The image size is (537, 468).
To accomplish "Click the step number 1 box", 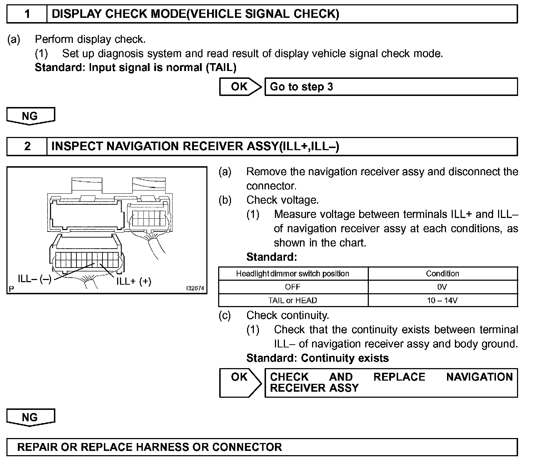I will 27,14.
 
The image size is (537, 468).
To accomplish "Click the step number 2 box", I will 27,147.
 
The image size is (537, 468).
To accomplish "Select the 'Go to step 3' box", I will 391,87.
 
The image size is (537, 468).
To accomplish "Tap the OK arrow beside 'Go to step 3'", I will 240,87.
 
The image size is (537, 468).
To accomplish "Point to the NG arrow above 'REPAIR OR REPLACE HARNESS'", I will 30,418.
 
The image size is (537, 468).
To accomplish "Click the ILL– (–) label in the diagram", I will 35,279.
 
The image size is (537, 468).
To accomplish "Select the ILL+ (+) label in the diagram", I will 134,281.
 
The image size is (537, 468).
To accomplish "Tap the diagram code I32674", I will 195,288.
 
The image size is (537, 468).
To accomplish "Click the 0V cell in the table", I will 442,287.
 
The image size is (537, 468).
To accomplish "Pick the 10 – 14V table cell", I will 442,300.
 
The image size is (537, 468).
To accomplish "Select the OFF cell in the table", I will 293,287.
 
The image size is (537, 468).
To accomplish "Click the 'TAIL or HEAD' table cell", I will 293,300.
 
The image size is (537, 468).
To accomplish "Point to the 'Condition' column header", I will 442,274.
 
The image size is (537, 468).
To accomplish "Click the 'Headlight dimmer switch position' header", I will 293,274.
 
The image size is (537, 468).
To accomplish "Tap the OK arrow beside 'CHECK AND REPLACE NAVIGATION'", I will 240,382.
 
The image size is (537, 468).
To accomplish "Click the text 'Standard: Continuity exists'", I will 317,358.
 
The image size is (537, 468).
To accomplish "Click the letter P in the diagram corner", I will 11,289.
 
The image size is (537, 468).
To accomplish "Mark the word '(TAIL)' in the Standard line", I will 221,67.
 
